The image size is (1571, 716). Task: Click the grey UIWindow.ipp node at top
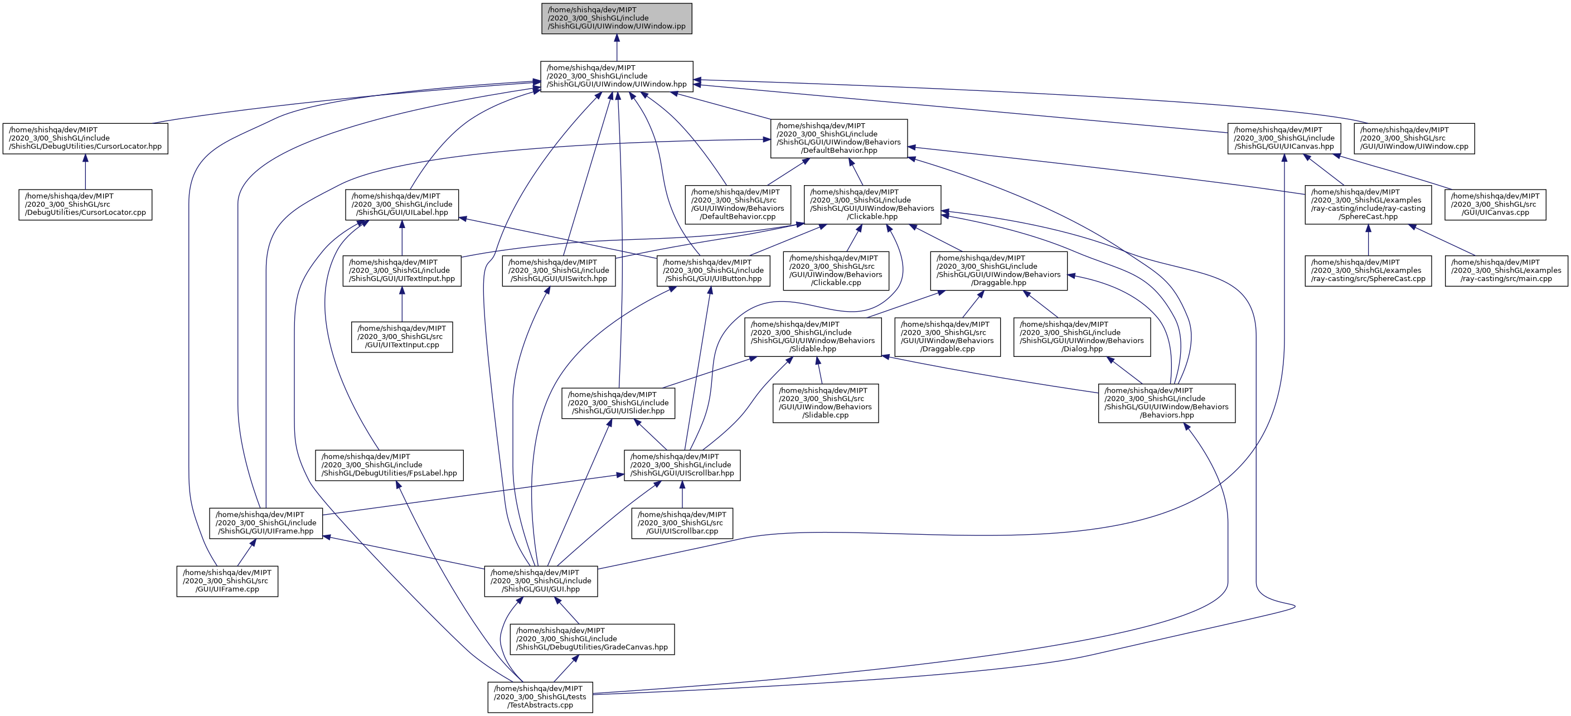tap(617, 18)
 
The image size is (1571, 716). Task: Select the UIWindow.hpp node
tap(617, 77)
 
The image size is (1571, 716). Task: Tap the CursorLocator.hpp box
tap(85, 138)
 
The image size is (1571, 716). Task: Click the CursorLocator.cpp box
tap(85, 205)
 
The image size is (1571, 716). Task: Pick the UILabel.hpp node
tap(402, 205)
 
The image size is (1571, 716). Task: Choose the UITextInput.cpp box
tap(402, 337)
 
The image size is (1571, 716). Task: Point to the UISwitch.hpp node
tap(559, 271)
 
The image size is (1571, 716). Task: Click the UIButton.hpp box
tap(713, 271)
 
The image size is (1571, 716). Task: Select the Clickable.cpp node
tap(836, 271)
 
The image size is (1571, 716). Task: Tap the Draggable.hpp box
tap(998, 271)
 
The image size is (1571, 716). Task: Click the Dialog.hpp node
tap(1082, 337)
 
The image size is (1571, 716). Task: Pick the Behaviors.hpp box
tap(1167, 403)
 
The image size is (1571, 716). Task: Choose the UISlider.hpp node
tap(618, 403)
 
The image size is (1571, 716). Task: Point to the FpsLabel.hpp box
tap(389, 465)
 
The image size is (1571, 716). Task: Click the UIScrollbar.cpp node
tap(682, 523)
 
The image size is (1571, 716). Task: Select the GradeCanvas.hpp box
tap(592, 639)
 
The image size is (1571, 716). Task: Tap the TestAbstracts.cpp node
tap(540, 697)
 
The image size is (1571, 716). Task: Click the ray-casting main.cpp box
tap(1506, 271)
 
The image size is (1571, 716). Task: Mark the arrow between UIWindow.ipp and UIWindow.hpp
tap(617, 47)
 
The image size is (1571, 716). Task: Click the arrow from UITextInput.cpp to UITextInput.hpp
tap(402, 304)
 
